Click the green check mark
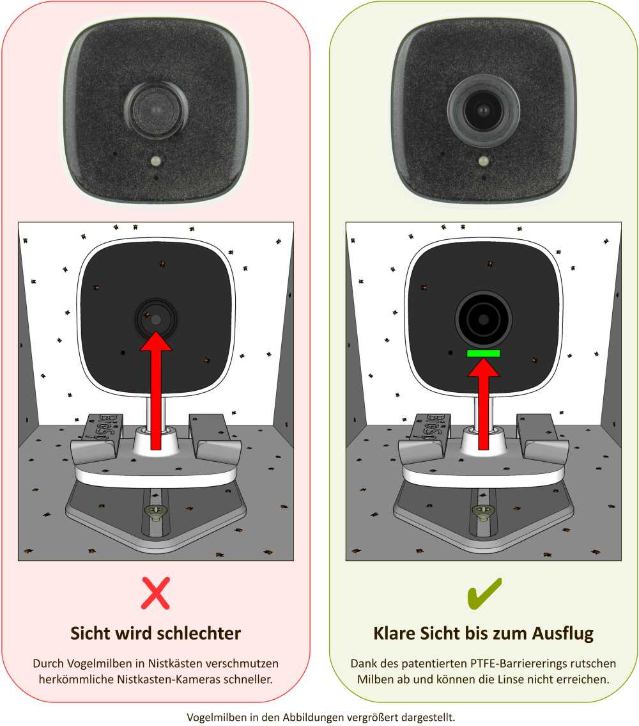coord(484,592)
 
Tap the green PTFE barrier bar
coord(483,353)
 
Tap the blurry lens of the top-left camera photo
coord(155,110)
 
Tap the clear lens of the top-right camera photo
coord(483,110)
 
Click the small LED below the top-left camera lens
coord(155,161)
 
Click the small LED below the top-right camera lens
coord(484,161)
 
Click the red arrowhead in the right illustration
coord(483,368)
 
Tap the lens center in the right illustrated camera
coord(483,318)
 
